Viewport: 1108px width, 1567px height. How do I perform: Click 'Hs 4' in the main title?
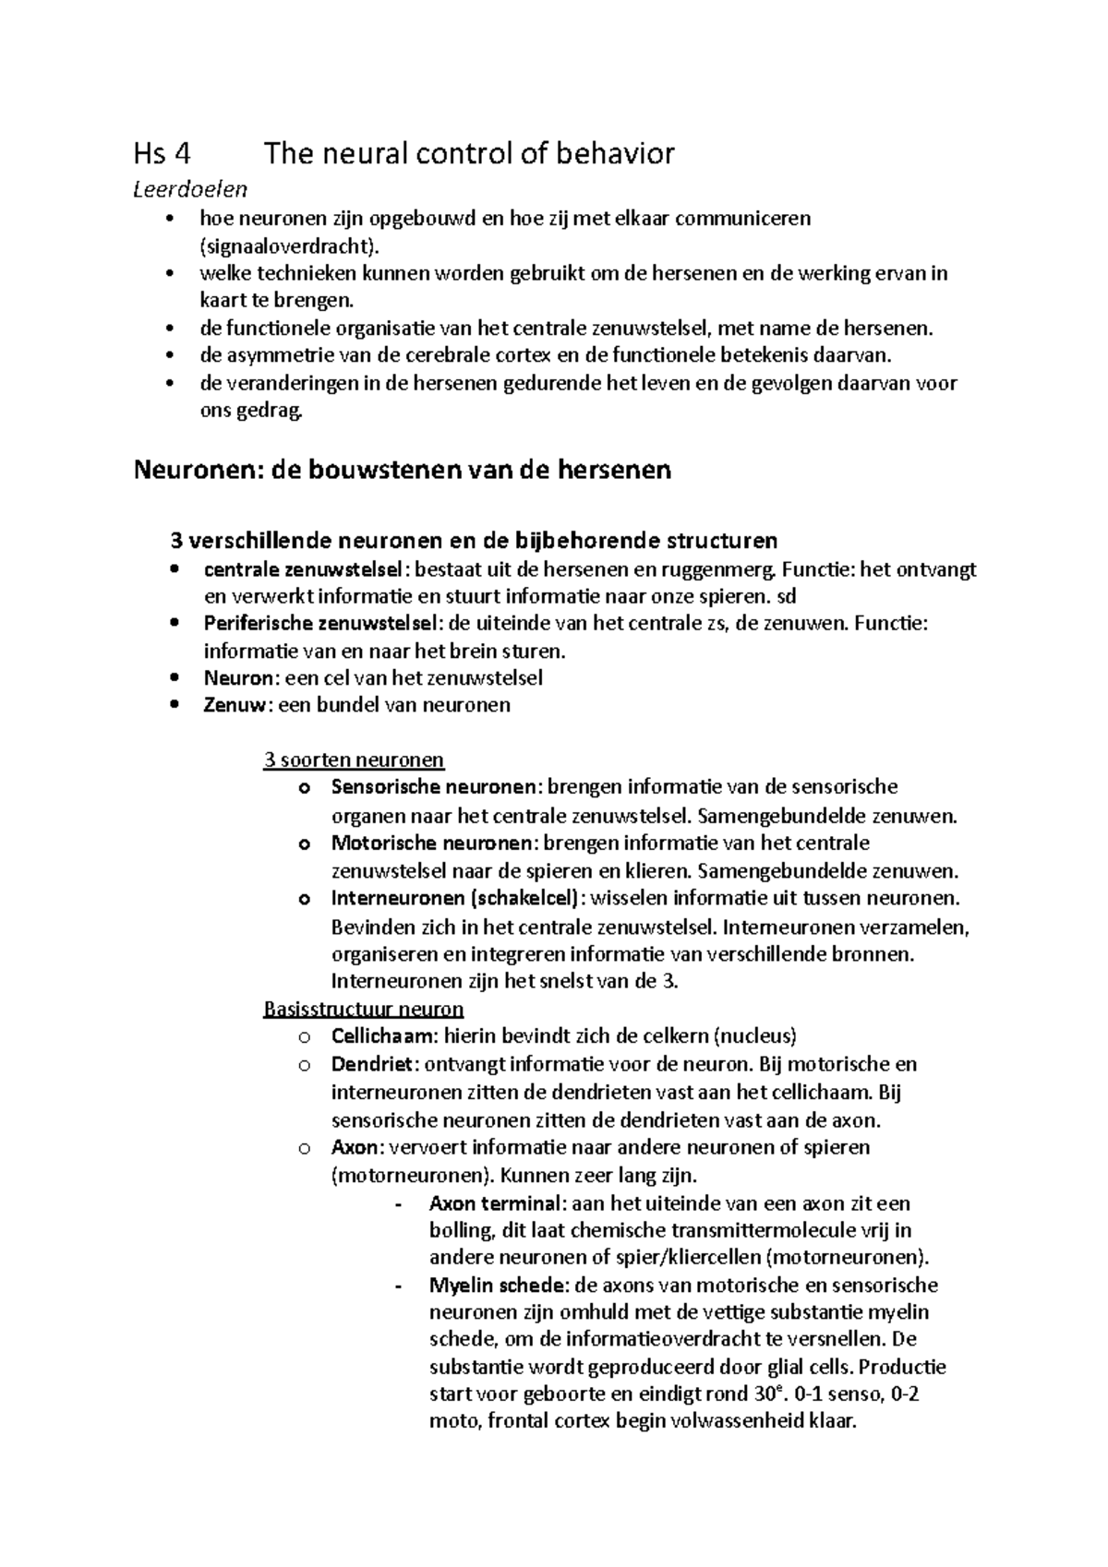pos(163,153)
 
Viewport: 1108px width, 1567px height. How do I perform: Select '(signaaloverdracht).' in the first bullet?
pos(289,245)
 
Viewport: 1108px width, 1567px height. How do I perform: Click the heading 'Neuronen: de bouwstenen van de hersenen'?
pos(403,471)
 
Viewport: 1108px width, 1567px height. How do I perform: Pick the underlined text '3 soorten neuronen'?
pos(354,760)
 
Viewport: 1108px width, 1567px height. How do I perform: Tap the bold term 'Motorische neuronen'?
pos(431,843)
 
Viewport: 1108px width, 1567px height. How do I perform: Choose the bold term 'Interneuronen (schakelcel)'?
pos(456,898)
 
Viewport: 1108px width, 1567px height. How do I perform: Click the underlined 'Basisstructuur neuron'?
pos(363,1009)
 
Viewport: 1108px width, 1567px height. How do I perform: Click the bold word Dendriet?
pos(373,1064)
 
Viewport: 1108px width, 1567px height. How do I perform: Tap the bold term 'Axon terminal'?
pos(495,1203)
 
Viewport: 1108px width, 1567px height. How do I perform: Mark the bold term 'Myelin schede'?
pos(497,1286)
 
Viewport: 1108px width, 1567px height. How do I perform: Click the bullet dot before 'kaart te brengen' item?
pos(167,274)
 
